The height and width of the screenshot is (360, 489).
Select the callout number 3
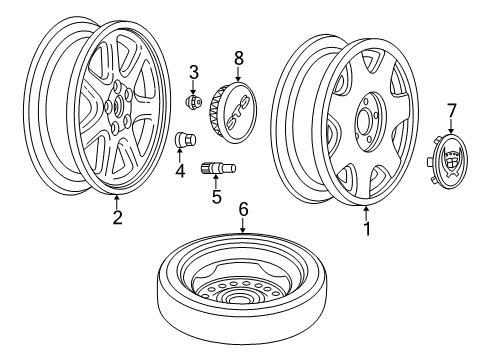195,70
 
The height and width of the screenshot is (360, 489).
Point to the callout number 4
181,171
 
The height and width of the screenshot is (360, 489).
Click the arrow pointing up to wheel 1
366,211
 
